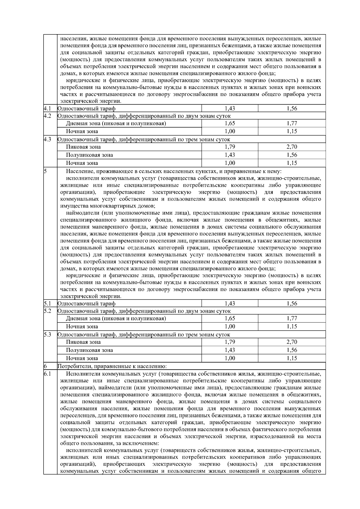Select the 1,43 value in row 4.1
[230, 109]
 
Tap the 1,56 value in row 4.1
[292, 109]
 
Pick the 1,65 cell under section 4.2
[230, 123]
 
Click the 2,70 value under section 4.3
[292, 147]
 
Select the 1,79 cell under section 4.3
[230, 147]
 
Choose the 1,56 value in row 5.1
[292, 304]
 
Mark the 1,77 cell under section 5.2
[292, 318]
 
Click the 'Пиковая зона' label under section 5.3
[83, 342]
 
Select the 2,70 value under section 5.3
[292, 342]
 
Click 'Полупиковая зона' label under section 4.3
[89, 155]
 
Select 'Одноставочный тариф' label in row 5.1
[86, 304]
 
